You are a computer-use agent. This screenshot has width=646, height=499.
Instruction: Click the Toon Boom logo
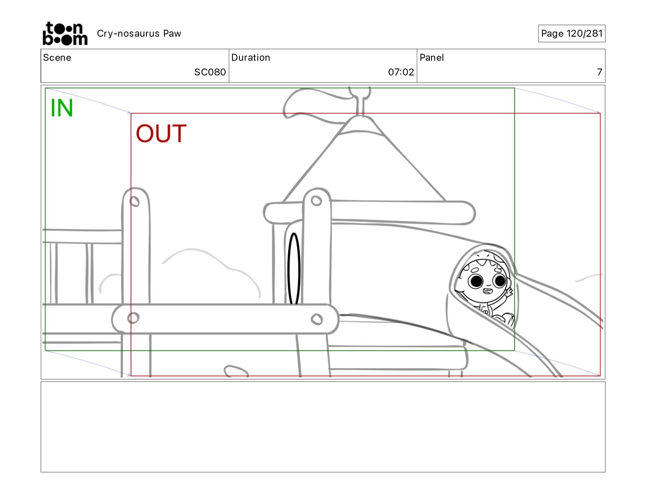tap(65, 33)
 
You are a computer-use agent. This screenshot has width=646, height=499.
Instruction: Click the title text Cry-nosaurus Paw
tap(139, 33)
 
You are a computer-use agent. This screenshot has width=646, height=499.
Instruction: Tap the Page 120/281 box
tap(571, 33)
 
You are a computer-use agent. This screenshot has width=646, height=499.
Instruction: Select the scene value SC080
tap(210, 72)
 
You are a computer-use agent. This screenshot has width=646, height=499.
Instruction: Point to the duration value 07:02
tap(401, 72)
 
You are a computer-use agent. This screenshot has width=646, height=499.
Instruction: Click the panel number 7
tap(600, 72)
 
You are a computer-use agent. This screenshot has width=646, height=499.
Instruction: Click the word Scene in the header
tap(57, 57)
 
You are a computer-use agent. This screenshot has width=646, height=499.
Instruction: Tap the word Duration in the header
tap(251, 57)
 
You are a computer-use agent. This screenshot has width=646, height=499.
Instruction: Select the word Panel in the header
tap(431, 57)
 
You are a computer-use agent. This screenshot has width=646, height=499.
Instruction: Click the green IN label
tap(62, 108)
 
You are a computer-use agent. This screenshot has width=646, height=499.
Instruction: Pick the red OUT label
tap(161, 133)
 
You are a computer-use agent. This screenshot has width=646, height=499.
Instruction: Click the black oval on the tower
tap(293, 268)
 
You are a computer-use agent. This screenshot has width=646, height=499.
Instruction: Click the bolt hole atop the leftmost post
tap(134, 201)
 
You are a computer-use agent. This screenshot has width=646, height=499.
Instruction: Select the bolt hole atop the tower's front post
tap(316, 201)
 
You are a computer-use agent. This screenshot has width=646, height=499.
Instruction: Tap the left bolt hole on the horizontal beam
tap(133, 318)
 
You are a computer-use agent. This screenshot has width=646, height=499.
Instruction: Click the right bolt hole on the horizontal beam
tap(316, 319)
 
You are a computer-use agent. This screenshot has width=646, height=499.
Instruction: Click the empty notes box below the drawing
tap(323, 427)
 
